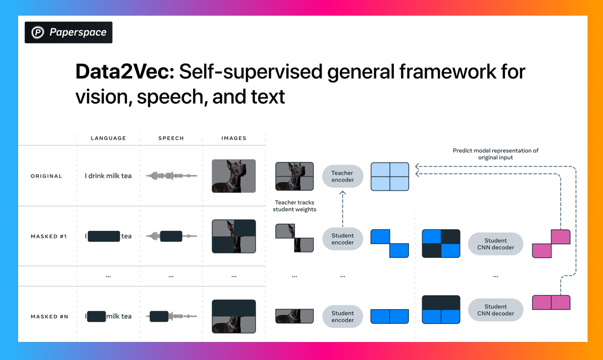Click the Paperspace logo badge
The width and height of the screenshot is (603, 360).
[x=68, y=33]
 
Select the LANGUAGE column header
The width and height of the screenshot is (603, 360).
[x=108, y=138]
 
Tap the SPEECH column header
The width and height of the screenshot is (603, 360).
[x=171, y=138]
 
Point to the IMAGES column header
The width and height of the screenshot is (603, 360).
[x=234, y=138]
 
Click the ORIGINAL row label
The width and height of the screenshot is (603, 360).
[x=46, y=176]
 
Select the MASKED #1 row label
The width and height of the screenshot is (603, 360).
[x=49, y=236]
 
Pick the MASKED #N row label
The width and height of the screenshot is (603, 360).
[x=49, y=317]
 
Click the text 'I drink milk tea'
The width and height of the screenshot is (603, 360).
[x=108, y=176]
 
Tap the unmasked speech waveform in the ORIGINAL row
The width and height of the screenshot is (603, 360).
[x=171, y=176]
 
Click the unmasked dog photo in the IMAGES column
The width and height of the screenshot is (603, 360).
[x=234, y=176]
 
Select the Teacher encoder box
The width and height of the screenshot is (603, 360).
[x=342, y=176]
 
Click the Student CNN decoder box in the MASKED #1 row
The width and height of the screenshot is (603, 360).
[x=495, y=244]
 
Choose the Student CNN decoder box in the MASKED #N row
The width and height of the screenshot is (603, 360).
[x=495, y=310]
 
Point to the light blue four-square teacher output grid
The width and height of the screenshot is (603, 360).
[x=390, y=176]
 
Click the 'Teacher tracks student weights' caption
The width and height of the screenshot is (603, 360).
[x=295, y=206]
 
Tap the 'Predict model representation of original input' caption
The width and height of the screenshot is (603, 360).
[x=495, y=154]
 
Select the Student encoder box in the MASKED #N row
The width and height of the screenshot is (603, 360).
[x=342, y=317]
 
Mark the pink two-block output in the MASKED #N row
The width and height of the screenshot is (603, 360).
[x=551, y=303]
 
